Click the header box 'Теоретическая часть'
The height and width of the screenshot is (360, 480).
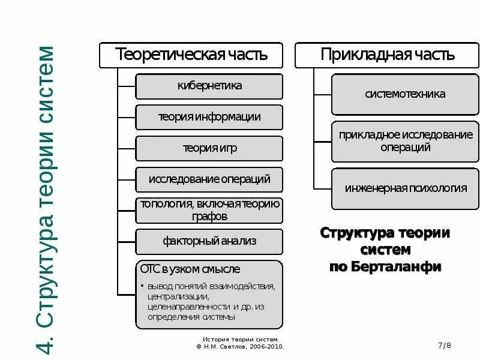(191, 55)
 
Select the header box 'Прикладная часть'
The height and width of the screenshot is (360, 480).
(388, 55)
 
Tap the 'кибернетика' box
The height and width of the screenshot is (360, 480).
(209, 86)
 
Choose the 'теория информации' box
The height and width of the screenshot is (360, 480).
(209, 117)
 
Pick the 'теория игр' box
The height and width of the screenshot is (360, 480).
(209, 148)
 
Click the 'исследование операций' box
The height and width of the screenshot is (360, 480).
(209, 179)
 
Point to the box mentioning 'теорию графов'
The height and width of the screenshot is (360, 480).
(209, 210)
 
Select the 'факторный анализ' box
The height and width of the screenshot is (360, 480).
(209, 241)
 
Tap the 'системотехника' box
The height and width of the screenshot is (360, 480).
(405, 94)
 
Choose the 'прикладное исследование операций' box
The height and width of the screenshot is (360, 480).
(405, 141)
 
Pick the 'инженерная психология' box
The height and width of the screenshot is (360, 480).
(405, 188)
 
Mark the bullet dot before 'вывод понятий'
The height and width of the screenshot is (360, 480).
(142, 286)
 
